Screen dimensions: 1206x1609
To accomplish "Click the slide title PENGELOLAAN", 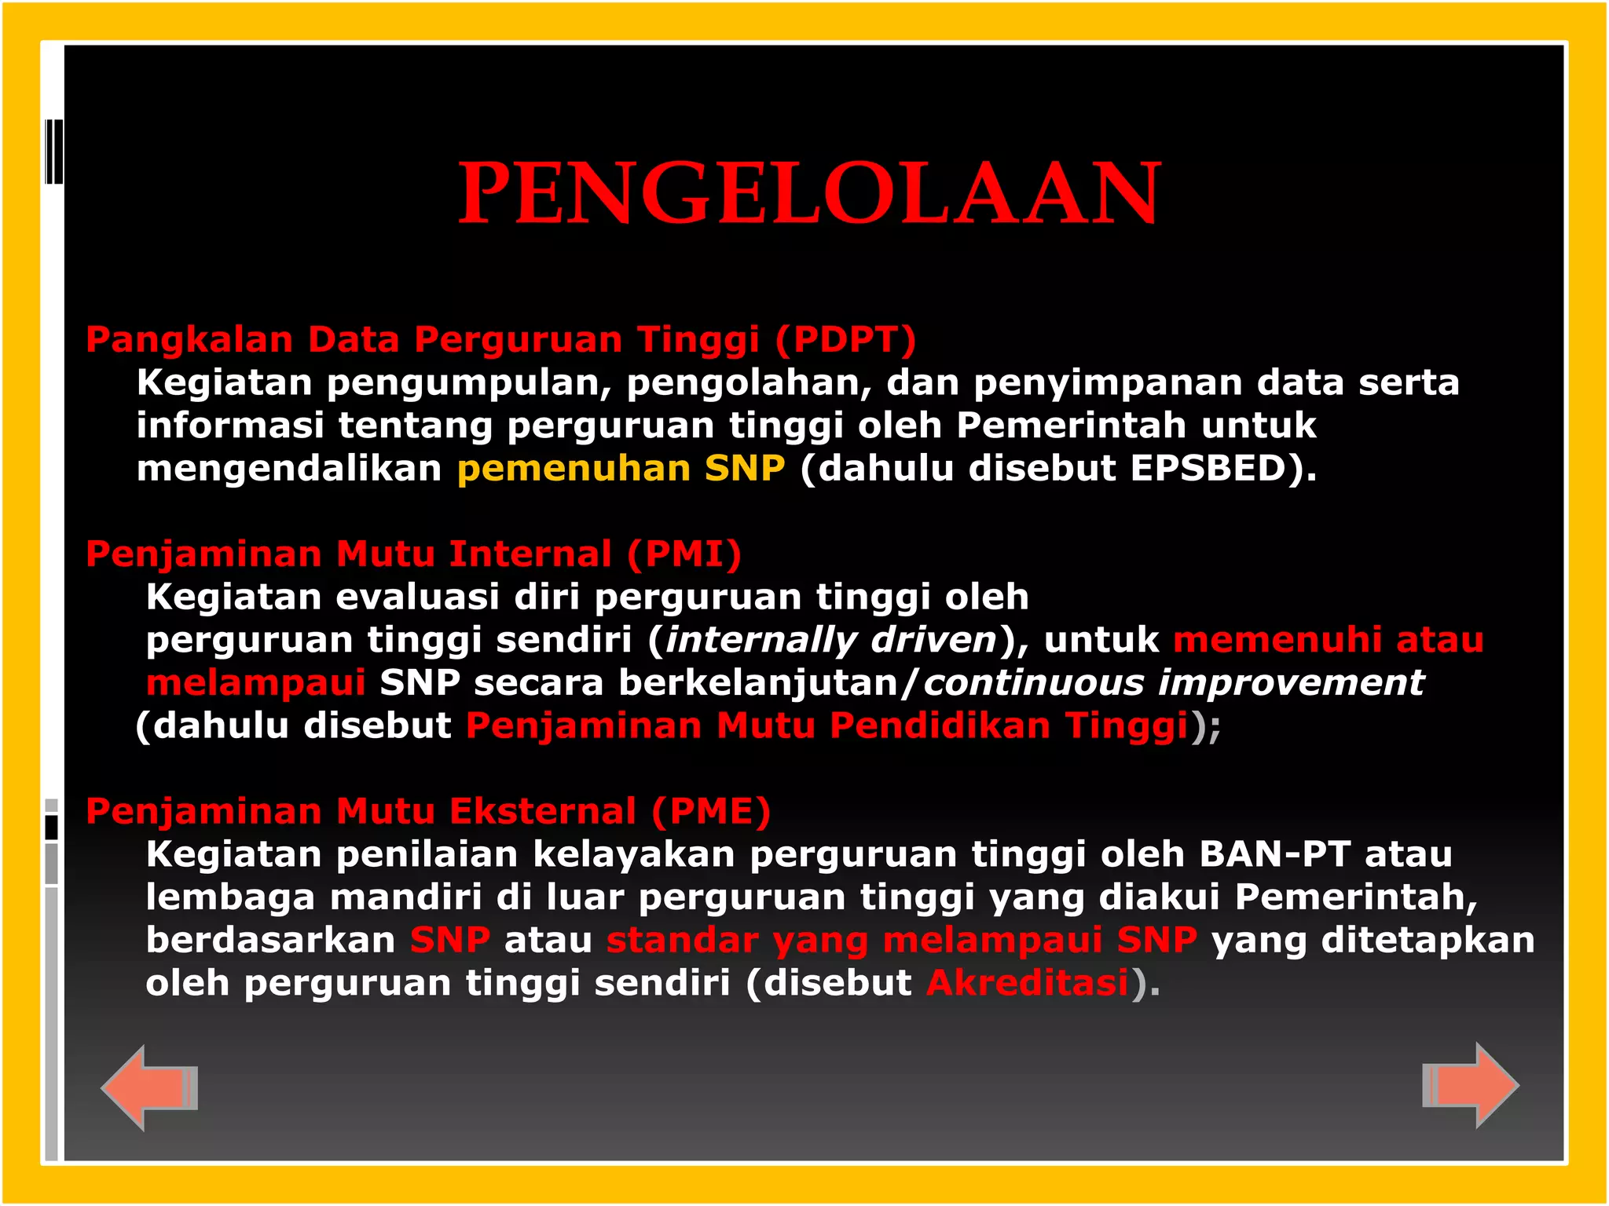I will coord(809,193).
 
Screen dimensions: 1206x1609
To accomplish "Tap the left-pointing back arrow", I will coord(149,1087).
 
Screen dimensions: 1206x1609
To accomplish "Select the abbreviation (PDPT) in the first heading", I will coord(846,339).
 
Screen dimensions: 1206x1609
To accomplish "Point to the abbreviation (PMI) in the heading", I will coord(684,554).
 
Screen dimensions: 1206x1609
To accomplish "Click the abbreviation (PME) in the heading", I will coord(711,811).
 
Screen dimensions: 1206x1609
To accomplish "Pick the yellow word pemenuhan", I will coord(574,468).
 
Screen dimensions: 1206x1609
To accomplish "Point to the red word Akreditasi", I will coord(1028,983).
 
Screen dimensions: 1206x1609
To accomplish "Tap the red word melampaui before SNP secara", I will coord(256,682).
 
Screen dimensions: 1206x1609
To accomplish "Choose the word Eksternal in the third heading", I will coord(543,811).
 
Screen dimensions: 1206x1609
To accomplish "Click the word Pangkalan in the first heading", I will coord(189,339).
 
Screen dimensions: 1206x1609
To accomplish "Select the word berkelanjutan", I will coord(758,682).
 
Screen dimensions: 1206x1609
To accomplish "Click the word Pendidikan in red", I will coord(940,725).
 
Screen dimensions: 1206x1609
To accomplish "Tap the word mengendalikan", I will coord(289,468).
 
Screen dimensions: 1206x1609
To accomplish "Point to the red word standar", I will coord(683,940).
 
